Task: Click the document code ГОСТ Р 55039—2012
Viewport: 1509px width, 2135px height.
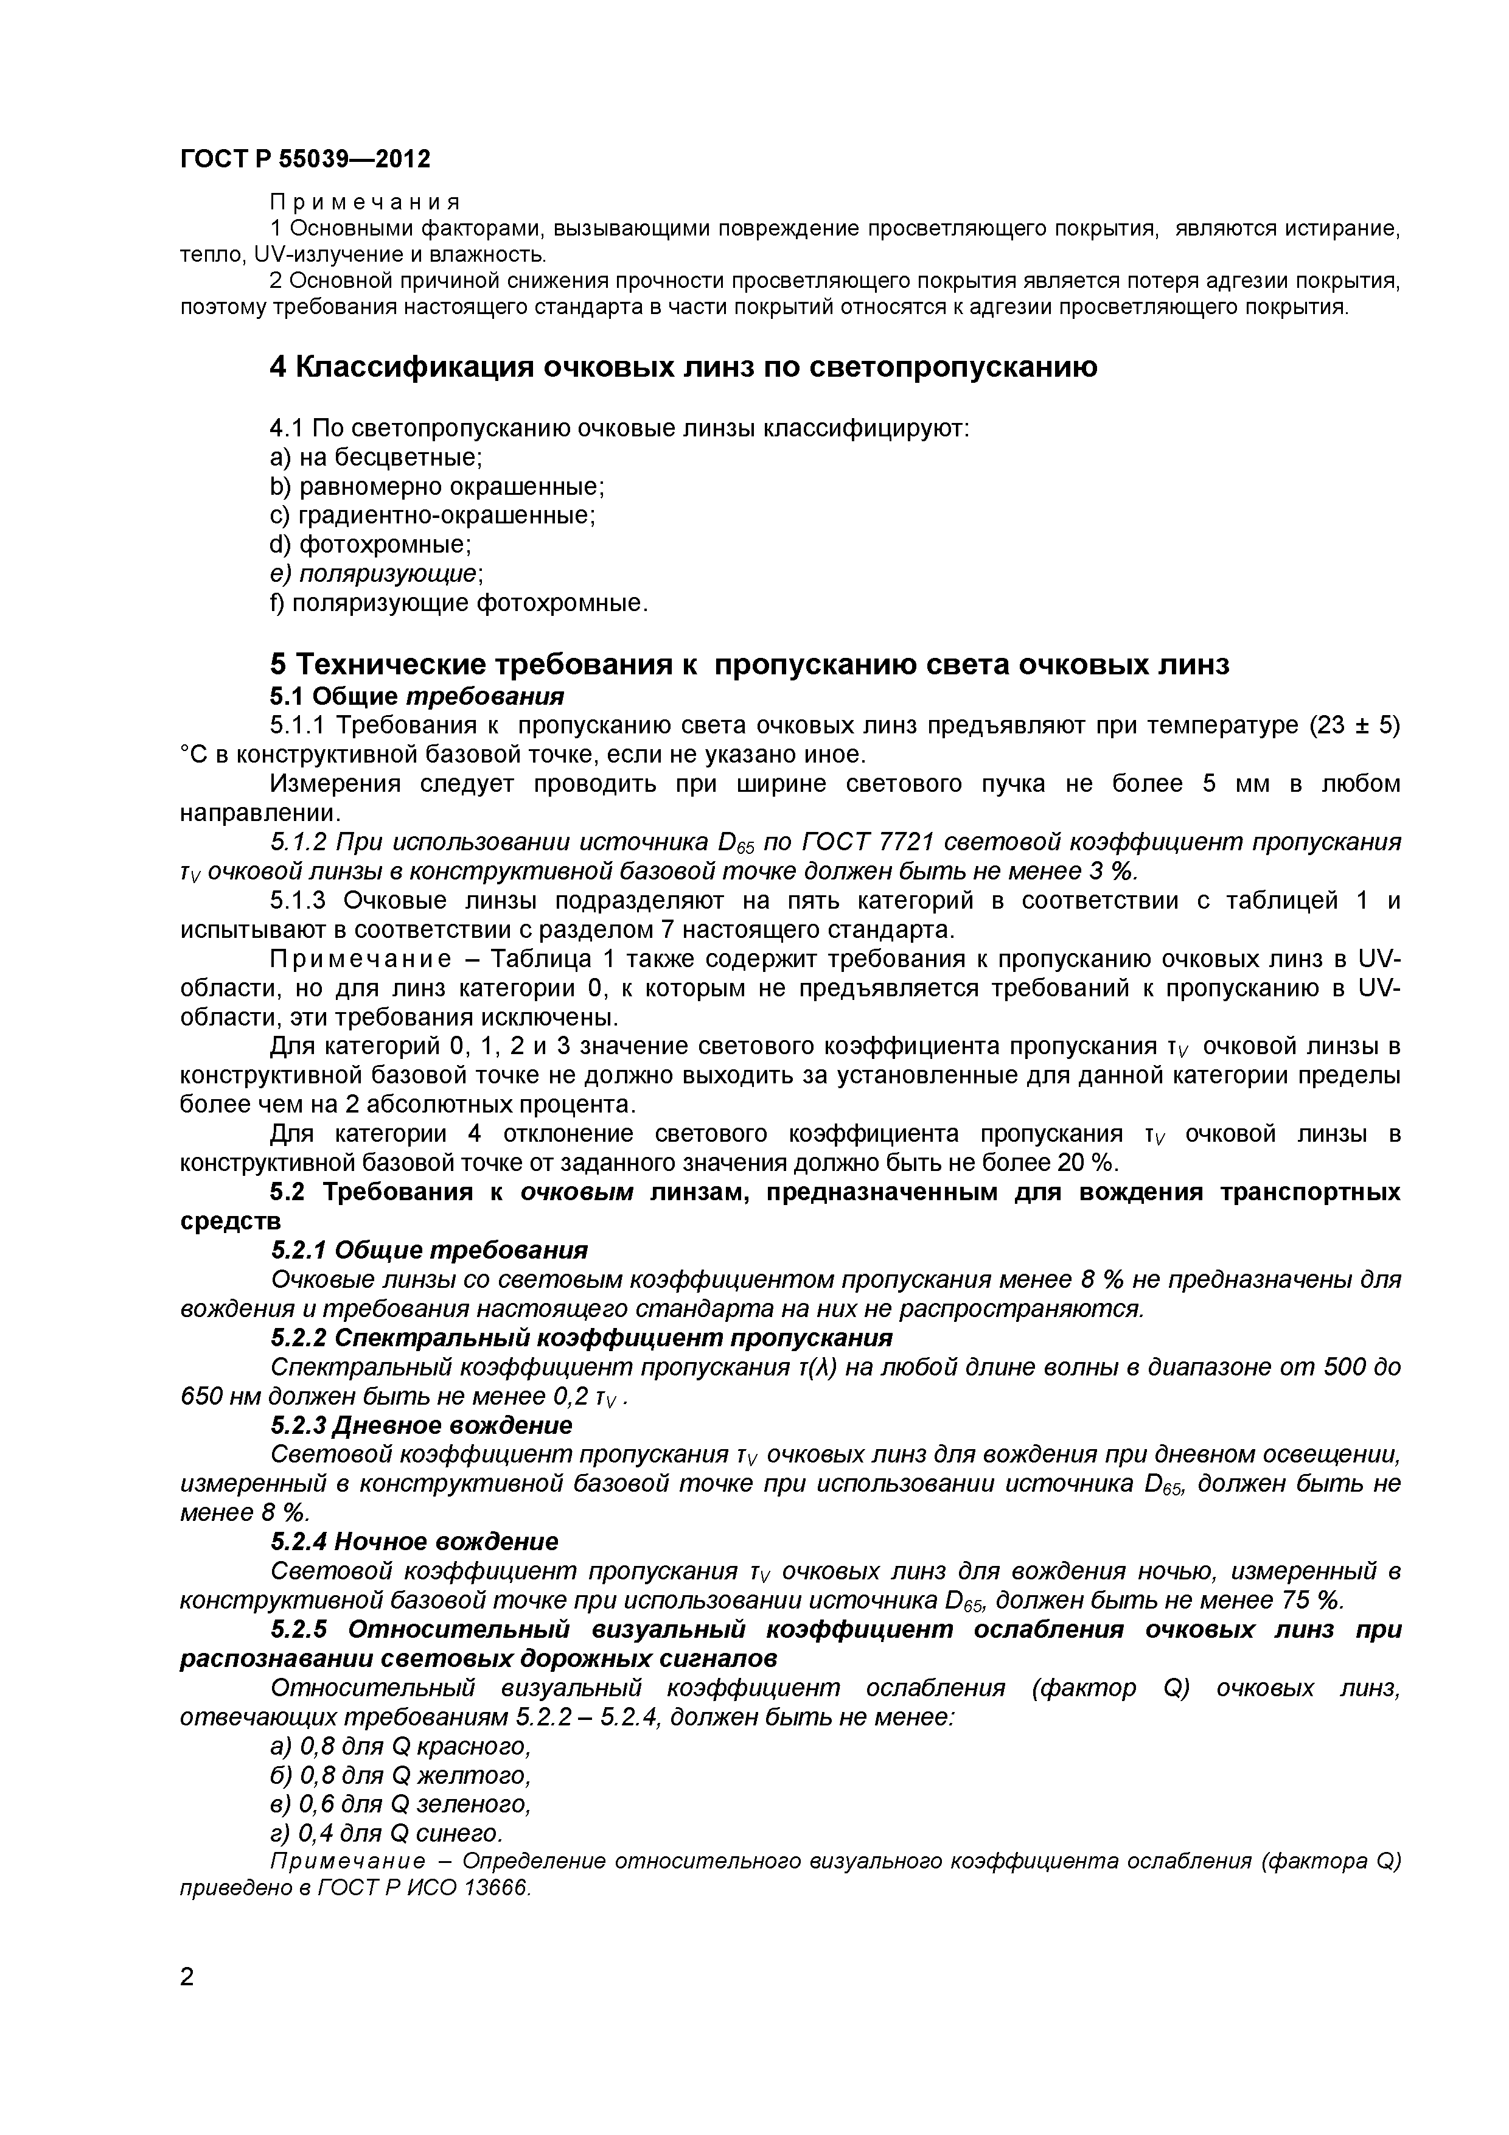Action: click(x=305, y=160)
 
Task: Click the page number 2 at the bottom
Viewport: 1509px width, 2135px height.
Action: click(x=187, y=2002)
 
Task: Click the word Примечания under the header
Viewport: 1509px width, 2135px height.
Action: click(x=364, y=202)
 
